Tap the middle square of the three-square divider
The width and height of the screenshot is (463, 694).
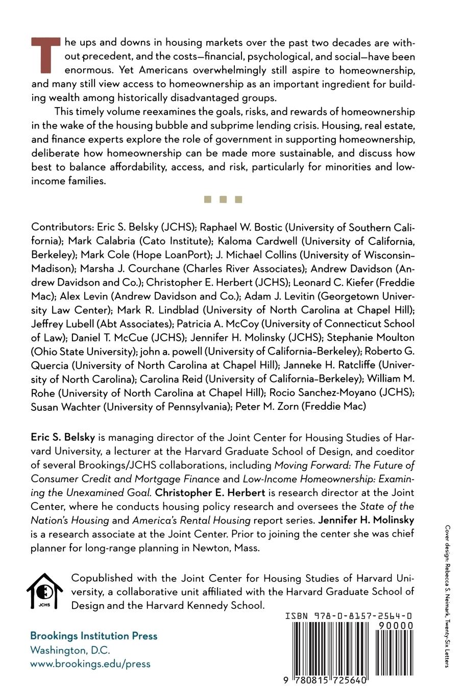click(223, 200)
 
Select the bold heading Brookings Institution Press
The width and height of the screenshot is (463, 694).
click(94, 636)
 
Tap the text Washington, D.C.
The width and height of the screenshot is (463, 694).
click(70, 650)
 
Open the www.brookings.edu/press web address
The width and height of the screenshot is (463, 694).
click(90, 664)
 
